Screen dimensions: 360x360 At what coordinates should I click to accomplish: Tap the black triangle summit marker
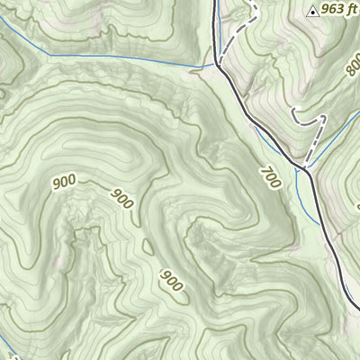pyautogui.click(x=312, y=12)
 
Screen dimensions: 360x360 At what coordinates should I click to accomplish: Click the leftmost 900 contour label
pyautogui.click(x=64, y=183)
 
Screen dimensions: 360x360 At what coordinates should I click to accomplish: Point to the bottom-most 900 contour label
pyautogui.click(x=172, y=281)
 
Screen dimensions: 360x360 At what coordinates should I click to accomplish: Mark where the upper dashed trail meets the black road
pyautogui.click(x=218, y=62)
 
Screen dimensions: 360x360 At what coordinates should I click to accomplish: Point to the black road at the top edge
pyautogui.click(x=216, y=3)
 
